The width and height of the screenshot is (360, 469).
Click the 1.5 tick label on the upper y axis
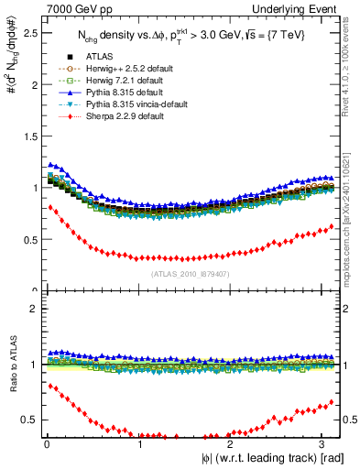[x=27, y=136]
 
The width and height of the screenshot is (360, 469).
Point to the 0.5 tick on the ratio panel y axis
[x=27, y=420]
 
